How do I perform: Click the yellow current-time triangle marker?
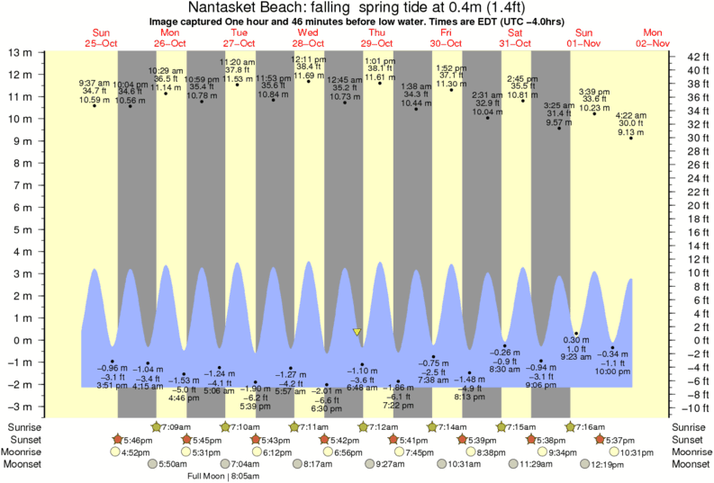(x=357, y=332)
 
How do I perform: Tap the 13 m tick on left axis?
(x=21, y=52)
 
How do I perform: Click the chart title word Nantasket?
(x=229, y=7)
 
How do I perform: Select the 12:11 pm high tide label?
(x=309, y=59)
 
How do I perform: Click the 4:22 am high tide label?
(x=630, y=115)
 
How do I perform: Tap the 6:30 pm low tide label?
(x=327, y=407)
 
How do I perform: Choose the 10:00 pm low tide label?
(x=612, y=371)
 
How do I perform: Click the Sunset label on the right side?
(x=686, y=440)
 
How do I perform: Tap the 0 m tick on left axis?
(x=23, y=340)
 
